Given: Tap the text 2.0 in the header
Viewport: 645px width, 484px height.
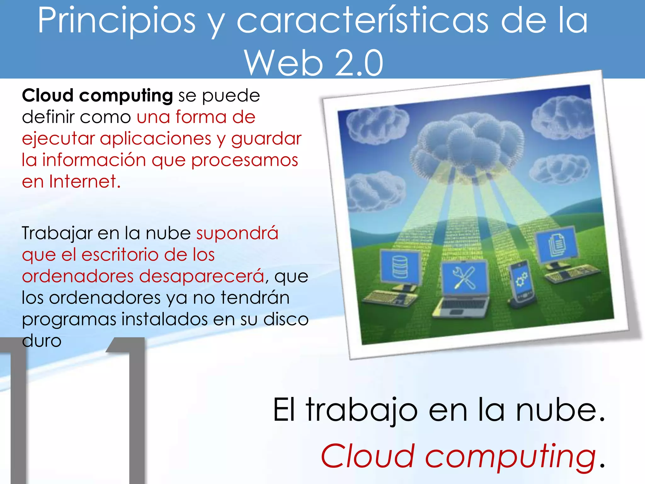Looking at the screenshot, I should pyautogui.click(x=359, y=63).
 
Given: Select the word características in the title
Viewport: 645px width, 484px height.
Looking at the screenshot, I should pyautogui.click(x=362, y=21).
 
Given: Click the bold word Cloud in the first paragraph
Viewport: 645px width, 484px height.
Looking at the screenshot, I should pyautogui.click(x=48, y=95).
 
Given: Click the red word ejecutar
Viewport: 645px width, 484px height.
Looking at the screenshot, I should pyautogui.click(x=58, y=139).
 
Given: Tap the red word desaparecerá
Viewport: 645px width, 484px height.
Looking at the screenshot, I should pyautogui.click(x=202, y=276).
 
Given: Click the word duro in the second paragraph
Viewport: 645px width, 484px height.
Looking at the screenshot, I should pyautogui.click(x=42, y=341).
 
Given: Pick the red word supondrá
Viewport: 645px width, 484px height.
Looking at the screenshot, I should pyautogui.click(x=237, y=233).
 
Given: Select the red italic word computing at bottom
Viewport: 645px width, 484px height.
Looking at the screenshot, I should pyautogui.click(x=510, y=456).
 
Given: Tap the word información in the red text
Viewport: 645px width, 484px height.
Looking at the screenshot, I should pyautogui.click(x=94, y=160).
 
